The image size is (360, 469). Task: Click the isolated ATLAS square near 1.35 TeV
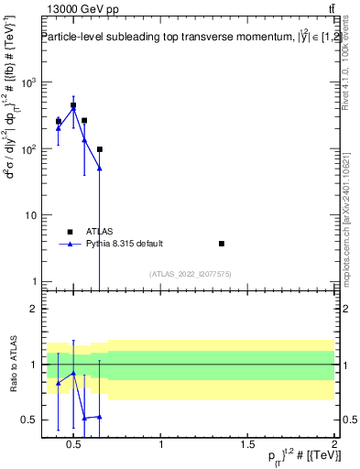pyautogui.click(x=221, y=244)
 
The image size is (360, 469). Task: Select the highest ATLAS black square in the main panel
pyautogui.click(x=73, y=105)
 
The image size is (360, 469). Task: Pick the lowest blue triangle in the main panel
pyautogui.click(x=99, y=169)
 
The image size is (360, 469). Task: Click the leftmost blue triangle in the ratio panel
pyautogui.click(x=59, y=383)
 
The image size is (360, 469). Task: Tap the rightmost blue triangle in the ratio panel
pyautogui.click(x=99, y=416)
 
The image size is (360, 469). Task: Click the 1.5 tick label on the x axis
pyautogui.click(x=247, y=445)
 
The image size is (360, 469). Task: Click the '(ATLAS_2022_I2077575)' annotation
pyautogui.click(x=189, y=273)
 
